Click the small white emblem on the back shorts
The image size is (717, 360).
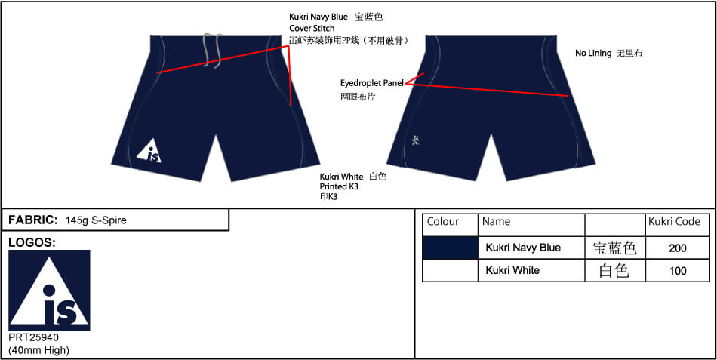click(x=415, y=140)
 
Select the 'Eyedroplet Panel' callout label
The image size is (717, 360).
click(x=372, y=83)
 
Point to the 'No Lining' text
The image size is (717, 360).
click(x=593, y=53)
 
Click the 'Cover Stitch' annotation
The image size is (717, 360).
click(x=312, y=29)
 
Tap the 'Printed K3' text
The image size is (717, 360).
click(x=339, y=186)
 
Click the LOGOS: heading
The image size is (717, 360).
click(x=32, y=243)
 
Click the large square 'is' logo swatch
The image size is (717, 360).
click(x=49, y=290)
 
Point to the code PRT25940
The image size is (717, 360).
click(x=34, y=337)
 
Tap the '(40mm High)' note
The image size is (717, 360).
click(x=38, y=351)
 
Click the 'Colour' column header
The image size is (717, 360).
click(x=442, y=222)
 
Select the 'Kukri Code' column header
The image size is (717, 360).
click(x=675, y=222)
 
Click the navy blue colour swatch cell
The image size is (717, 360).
click(x=450, y=248)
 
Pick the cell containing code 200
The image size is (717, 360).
click(x=678, y=248)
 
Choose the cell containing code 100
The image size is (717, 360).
click(x=678, y=270)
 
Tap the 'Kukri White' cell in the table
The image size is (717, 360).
click(x=531, y=270)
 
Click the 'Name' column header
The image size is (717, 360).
click(x=496, y=222)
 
